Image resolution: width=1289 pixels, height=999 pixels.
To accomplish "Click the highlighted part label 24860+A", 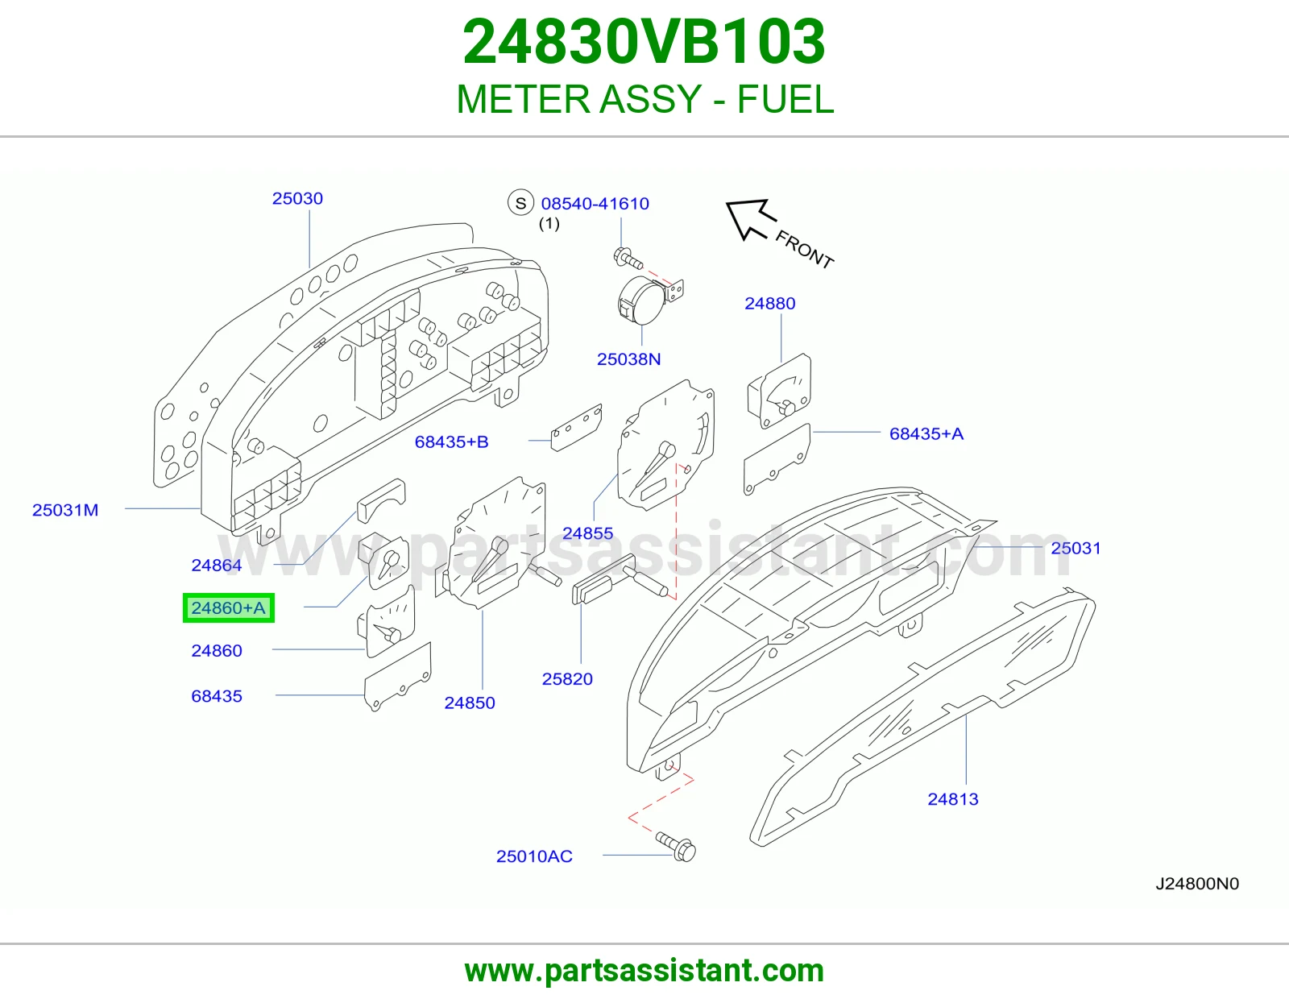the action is (x=228, y=608).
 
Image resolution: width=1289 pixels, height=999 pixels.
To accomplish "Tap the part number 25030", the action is (x=297, y=198).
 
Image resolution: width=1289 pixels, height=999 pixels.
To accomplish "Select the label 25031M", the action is (x=65, y=510).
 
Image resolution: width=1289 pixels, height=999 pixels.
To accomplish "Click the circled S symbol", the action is (x=520, y=203).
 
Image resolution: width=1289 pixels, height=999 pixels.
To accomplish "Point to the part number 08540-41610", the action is (x=595, y=204).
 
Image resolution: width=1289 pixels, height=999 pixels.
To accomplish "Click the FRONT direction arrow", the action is (x=750, y=218).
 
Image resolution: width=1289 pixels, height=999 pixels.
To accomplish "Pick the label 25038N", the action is (x=628, y=359).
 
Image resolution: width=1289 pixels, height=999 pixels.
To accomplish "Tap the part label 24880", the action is (x=770, y=303).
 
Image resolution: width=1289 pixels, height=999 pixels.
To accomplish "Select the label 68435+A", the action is (x=926, y=433).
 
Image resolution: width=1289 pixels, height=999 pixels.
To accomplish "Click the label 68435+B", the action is (x=451, y=441).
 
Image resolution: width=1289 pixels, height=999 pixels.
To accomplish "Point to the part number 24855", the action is (x=587, y=533).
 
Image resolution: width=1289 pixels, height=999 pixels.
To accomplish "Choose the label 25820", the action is (x=567, y=678).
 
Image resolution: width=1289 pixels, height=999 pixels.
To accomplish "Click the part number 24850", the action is (x=469, y=703).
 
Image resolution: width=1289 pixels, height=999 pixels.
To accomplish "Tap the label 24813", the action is (x=953, y=798).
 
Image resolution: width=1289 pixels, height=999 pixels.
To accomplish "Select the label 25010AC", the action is (x=534, y=856).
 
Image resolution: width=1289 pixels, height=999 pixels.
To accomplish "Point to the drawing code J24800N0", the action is (x=1197, y=883).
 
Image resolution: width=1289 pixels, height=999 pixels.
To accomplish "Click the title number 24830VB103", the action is (x=644, y=42).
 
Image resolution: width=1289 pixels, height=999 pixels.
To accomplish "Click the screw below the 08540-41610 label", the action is (x=628, y=258).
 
